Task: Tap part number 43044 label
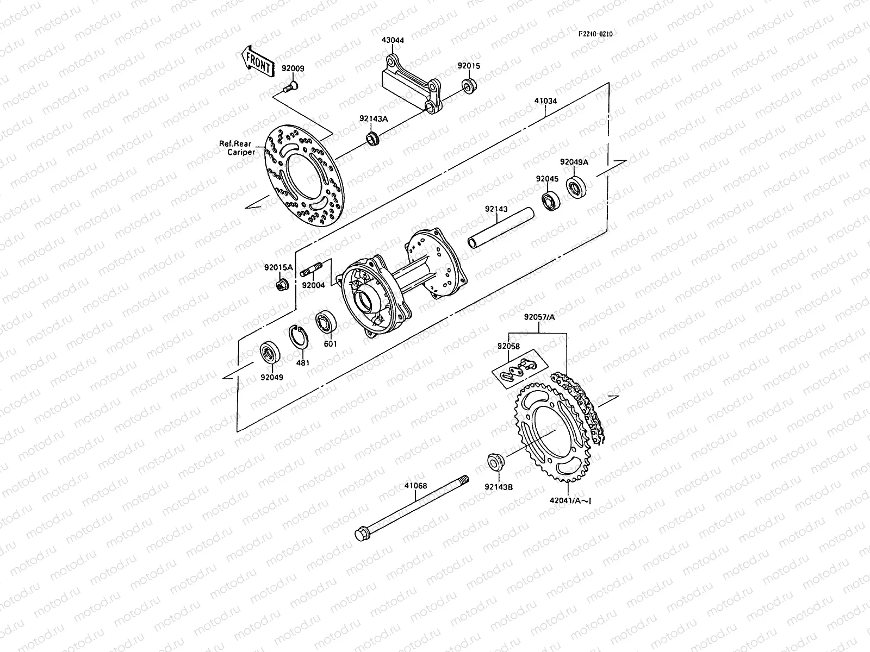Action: coord(393,40)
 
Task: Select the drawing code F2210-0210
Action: coord(595,34)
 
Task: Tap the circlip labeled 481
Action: coord(299,337)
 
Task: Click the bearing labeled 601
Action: coord(327,322)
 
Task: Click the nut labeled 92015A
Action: coord(282,284)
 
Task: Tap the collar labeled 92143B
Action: coord(495,461)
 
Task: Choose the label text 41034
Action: coord(545,101)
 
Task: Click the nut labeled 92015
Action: coord(469,85)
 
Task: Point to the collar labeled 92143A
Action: coord(372,138)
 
